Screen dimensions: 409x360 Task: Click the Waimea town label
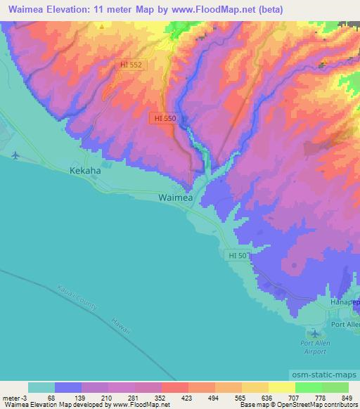tap(174, 198)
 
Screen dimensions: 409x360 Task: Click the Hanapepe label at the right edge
tap(345, 301)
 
